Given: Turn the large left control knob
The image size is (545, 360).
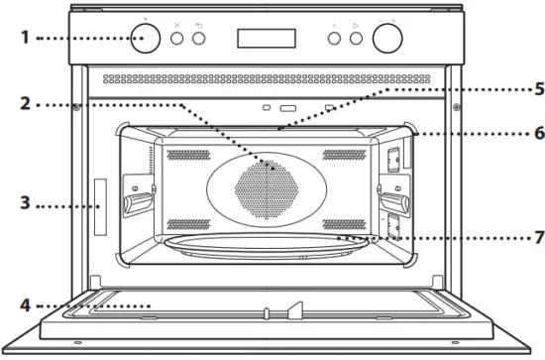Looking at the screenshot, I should tap(146, 39).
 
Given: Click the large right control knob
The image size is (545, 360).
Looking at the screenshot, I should tap(389, 39).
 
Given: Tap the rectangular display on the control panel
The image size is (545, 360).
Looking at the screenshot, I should tap(266, 38).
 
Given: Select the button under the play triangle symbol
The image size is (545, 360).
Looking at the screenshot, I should tap(354, 39).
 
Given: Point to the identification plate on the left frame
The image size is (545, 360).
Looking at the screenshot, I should tap(99, 206).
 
